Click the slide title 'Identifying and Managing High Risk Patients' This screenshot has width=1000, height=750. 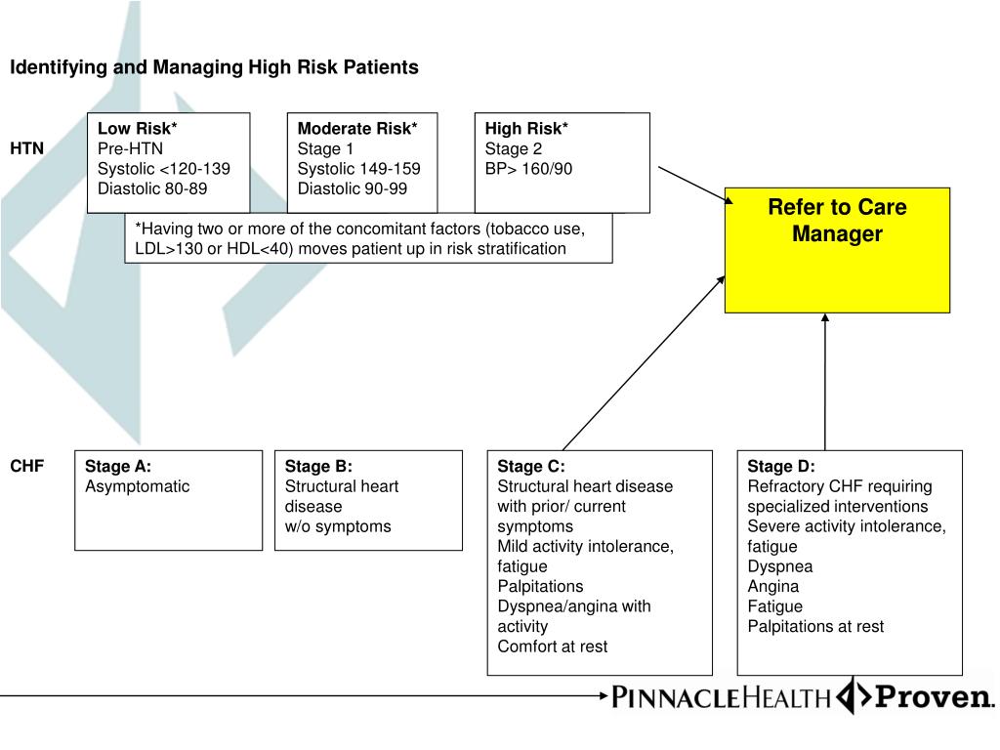(x=214, y=67)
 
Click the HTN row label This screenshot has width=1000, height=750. (x=27, y=148)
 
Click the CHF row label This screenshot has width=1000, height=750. (x=27, y=466)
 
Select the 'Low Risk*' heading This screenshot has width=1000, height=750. (x=138, y=128)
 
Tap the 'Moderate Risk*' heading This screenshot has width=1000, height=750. (x=357, y=128)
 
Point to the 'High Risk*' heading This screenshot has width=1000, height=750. (x=526, y=128)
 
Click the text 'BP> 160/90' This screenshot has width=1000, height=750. (x=528, y=169)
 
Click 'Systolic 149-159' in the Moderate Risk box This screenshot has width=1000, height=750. (x=358, y=169)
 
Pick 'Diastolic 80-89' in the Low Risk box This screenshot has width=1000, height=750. (x=152, y=188)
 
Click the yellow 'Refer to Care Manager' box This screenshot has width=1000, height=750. (x=837, y=249)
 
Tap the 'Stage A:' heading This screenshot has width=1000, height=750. (x=118, y=466)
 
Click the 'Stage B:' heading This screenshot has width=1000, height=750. (x=318, y=466)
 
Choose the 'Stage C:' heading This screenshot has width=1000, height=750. (x=531, y=466)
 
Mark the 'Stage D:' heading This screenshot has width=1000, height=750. (x=781, y=466)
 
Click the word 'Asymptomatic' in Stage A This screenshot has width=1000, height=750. (x=138, y=486)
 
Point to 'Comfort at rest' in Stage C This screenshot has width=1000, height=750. (x=552, y=646)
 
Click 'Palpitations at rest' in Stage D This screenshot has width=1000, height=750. (x=815, y=626)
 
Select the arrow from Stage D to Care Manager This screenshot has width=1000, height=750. (x=825, y=381)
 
